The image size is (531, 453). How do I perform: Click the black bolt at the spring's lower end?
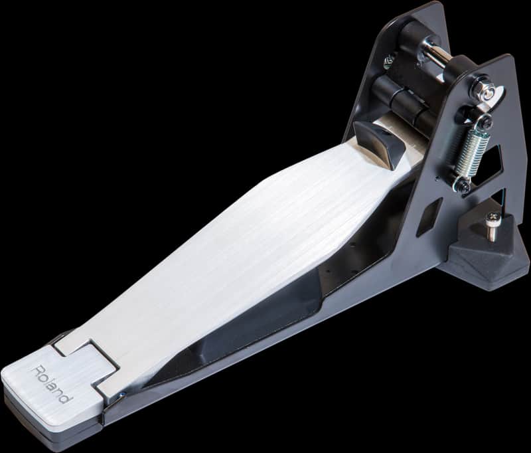[x=463, y=187]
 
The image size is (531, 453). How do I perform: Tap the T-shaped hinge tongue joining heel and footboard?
[x=93, y=359]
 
